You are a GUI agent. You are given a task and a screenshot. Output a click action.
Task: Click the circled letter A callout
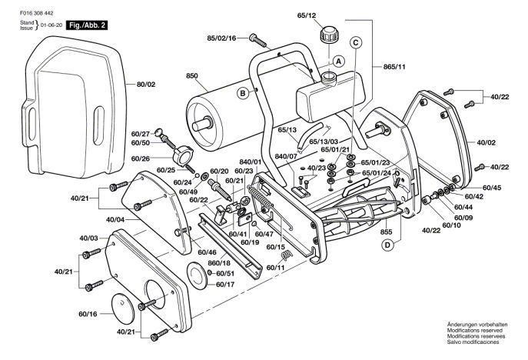(338, 62)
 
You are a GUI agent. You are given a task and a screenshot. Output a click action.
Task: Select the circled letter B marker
(243, 93)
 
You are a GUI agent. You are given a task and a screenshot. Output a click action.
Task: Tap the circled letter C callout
(356, 43)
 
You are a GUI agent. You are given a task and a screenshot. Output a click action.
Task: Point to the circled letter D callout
(387, 245)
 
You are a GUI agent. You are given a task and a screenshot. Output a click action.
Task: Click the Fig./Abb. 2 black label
(87, 25)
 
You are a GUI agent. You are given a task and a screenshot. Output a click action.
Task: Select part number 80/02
(146, 85)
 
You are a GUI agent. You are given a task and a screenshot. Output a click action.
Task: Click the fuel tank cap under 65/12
(329, 35)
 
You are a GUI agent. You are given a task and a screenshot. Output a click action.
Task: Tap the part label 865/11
(394, 67)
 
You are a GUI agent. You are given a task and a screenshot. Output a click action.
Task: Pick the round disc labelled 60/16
(123, 308)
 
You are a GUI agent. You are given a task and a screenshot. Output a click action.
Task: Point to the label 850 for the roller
(192, 76)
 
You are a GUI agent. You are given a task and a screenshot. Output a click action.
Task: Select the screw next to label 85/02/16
(258, 41)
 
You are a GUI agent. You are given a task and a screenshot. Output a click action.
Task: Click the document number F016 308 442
(36, 13)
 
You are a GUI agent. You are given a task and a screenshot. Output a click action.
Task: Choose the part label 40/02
(486, 142)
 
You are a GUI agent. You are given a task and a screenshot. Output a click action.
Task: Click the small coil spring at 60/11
(287, 255)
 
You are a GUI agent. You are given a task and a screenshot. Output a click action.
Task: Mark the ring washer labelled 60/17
(198, 275)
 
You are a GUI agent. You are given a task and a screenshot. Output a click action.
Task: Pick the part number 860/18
(219, 262)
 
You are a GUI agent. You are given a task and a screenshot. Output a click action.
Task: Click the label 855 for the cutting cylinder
(386, 232)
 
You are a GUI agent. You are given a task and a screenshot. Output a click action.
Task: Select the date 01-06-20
(51, 25)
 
